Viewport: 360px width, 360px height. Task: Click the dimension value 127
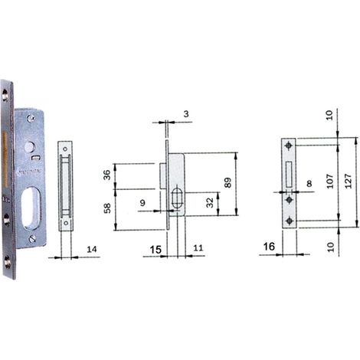click(x=349, y=181)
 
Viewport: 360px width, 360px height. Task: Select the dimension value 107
click(x=330, y=181)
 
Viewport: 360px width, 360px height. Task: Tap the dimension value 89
click(x=227, y=182)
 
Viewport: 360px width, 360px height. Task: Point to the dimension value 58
click(x=107, y=208)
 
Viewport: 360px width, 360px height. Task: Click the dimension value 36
click(x=107, y=175)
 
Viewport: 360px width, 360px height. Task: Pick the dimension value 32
click(x=210, y=203)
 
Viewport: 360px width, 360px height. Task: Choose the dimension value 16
click(x=269, y=247)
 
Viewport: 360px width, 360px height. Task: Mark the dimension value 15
click(x=155, y=250)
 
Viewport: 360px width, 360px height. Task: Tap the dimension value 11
click(x=198, y=248)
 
